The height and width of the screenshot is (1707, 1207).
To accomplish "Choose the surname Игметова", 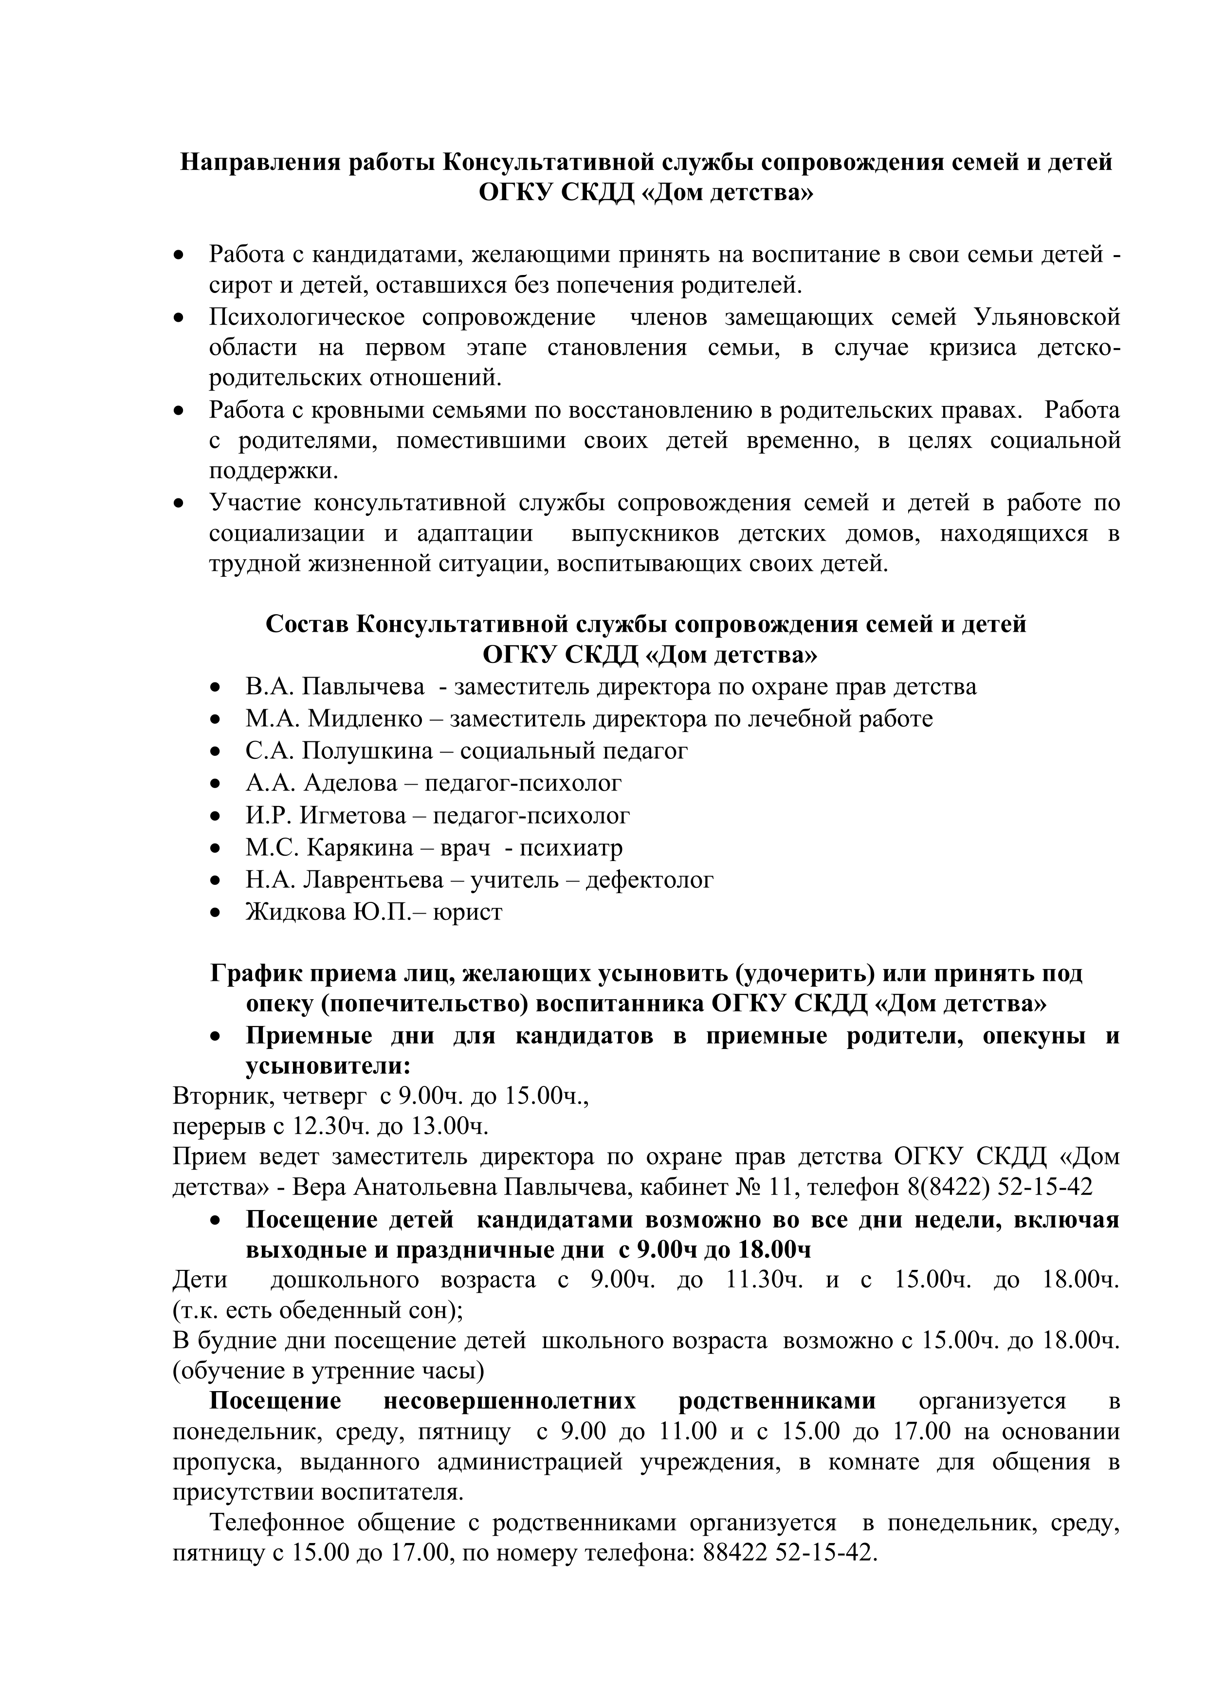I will (352, 816).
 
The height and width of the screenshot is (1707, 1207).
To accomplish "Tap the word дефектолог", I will (650, 880).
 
